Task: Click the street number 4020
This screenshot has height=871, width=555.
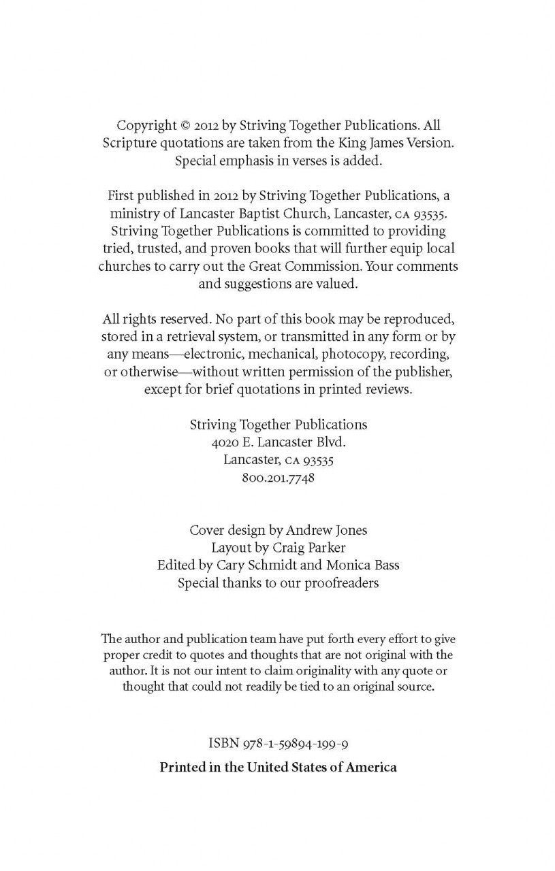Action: click(225, 442)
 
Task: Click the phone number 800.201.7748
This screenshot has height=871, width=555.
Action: click(278, 478)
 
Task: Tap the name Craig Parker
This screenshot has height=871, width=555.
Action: click(306, 548)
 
